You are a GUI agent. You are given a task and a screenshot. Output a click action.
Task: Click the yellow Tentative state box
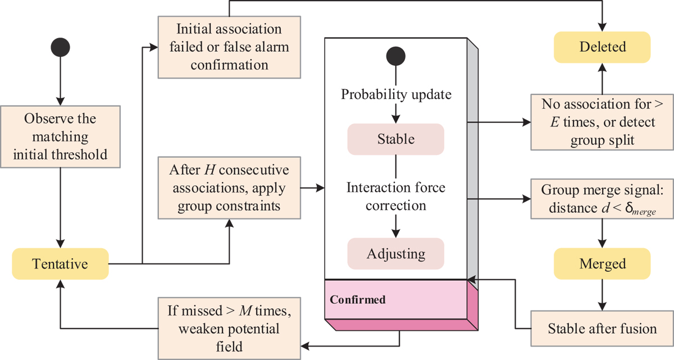point(60,263)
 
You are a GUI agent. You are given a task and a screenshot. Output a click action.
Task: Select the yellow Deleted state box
point(602,47)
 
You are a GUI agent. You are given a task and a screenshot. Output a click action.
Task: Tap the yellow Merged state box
point(602,263)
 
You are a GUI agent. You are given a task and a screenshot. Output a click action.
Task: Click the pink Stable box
point(396,138)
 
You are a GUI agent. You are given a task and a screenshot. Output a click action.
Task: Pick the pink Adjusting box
point(396,253)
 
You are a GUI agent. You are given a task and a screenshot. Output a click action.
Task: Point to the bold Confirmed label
point(358,299)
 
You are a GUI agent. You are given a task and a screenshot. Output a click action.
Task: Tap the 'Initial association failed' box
point(229,47)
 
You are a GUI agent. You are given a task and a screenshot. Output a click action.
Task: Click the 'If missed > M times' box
point(229,328)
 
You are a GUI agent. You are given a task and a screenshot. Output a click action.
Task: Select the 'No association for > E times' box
point(602,121)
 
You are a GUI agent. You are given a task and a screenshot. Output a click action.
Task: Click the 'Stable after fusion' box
point(602,328)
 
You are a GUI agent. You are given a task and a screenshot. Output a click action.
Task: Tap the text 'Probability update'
point(396,94)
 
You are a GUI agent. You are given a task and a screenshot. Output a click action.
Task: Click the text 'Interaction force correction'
point(396,196)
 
